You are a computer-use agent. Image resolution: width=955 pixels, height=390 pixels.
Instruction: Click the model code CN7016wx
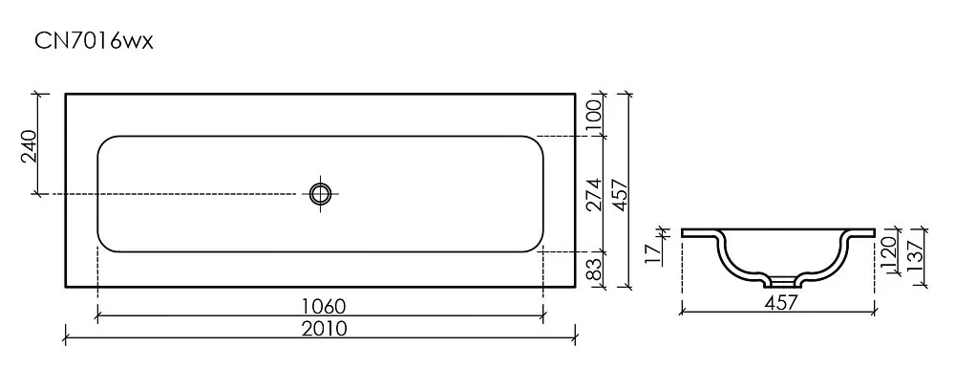point(94,41)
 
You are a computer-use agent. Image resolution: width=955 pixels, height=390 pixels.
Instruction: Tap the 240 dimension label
point(30,146)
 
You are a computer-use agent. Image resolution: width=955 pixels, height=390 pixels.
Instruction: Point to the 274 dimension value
point(594,194)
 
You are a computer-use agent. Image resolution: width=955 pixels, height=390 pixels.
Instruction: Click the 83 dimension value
point(594,270)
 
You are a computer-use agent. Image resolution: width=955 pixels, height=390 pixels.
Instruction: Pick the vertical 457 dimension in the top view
point(620,194)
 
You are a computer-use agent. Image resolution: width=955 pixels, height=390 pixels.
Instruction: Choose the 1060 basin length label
point(320,305)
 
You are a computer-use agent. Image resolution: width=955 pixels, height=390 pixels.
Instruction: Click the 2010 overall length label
point(324,329)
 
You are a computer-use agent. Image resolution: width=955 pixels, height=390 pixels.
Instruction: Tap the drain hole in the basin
point(319,194)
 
